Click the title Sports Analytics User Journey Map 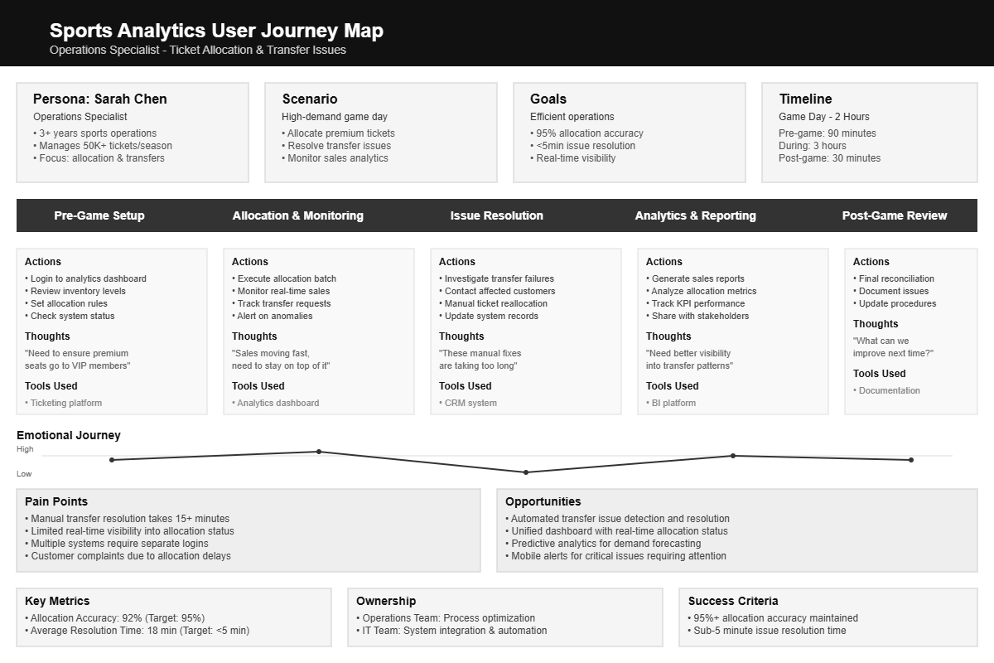pos(216,31)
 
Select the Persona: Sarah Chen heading pos(100,99)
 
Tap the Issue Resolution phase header pos(496,215)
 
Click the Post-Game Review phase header pos(894,215)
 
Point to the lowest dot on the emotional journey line pos(526,472)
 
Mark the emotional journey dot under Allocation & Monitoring pos(319,452)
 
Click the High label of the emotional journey pos(26,449)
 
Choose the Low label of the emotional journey pos(24,474)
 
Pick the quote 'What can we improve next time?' pos(893,346)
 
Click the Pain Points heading pos(56,501)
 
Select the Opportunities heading pos(543,501)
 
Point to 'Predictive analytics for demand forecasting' pos(606,544)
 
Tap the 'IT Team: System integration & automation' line pos(454,631)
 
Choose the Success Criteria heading pos(733,601)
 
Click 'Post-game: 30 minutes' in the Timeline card pos(829,158)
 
